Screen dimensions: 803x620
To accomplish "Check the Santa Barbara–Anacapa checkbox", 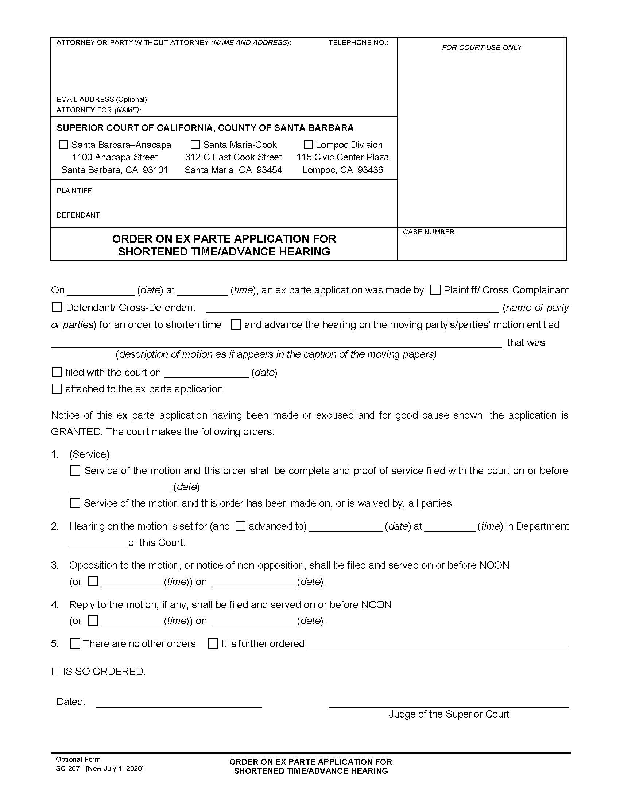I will pyautogui.click(x=63, y=145).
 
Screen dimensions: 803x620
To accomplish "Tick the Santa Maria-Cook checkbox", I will pyautogui.click(x=195, y=145).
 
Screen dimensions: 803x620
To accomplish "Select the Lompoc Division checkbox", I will pyautogui.click(x=308, y=145).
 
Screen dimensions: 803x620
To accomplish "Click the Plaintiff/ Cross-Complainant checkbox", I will pyautogui.click(x=435, y=290).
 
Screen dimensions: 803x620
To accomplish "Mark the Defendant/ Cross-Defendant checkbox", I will pyautogui.click(x=57, y=307).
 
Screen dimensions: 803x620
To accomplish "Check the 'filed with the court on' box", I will pyautogui.click(x=57, y=372).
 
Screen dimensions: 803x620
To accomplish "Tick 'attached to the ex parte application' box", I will pyautogui.click(x=57, y=389).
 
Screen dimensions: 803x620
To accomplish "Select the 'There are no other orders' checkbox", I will pyautogui.click(x=75, y=643).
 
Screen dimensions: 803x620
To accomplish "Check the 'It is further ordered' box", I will pyautogui.click(x=213, y=643).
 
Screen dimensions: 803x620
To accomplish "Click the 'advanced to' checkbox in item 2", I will pyautogui.click(x=240, y=526).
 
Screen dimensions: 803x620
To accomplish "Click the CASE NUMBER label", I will pyautogui.click(x=429, y=232).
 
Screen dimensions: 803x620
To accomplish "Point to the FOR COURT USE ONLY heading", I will pyautogui.click(x=482, y=47).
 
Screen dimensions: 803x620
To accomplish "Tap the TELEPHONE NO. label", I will pyautogui.click(x=358, y=43).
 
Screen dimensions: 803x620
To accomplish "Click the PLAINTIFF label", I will pyautogui.click(x=75, y=191).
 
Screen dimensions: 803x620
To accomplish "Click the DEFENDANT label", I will pyautogui.click(x=79, y=215).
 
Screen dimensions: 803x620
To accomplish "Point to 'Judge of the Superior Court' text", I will pyautogui.click(x=449, y=714).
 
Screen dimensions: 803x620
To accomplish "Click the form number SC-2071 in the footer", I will pyautogui.click(x=70, y=768).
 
